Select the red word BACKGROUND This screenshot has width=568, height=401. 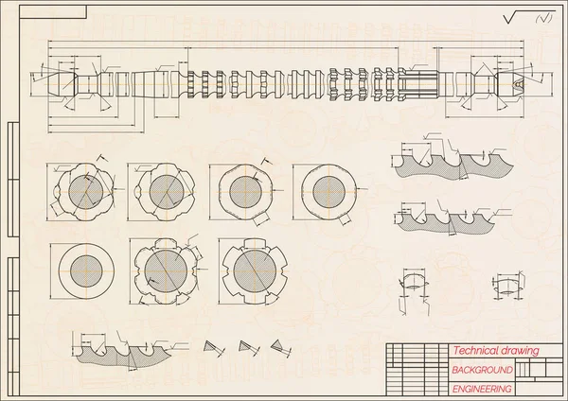click(x=482, y=370)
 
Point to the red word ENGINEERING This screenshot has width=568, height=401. click(x=482, y=389)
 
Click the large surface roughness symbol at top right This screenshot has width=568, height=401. click(x=529, y=17)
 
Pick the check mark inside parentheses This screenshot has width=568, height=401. click(x=544, y=18)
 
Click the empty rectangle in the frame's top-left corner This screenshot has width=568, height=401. click(x=53, y=12)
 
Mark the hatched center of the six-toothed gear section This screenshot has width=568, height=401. click(x=166, y=270)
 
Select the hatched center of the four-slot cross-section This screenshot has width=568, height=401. click(x=255, y=270)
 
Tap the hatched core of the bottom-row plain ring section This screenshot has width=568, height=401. click(x=86, y=271)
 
